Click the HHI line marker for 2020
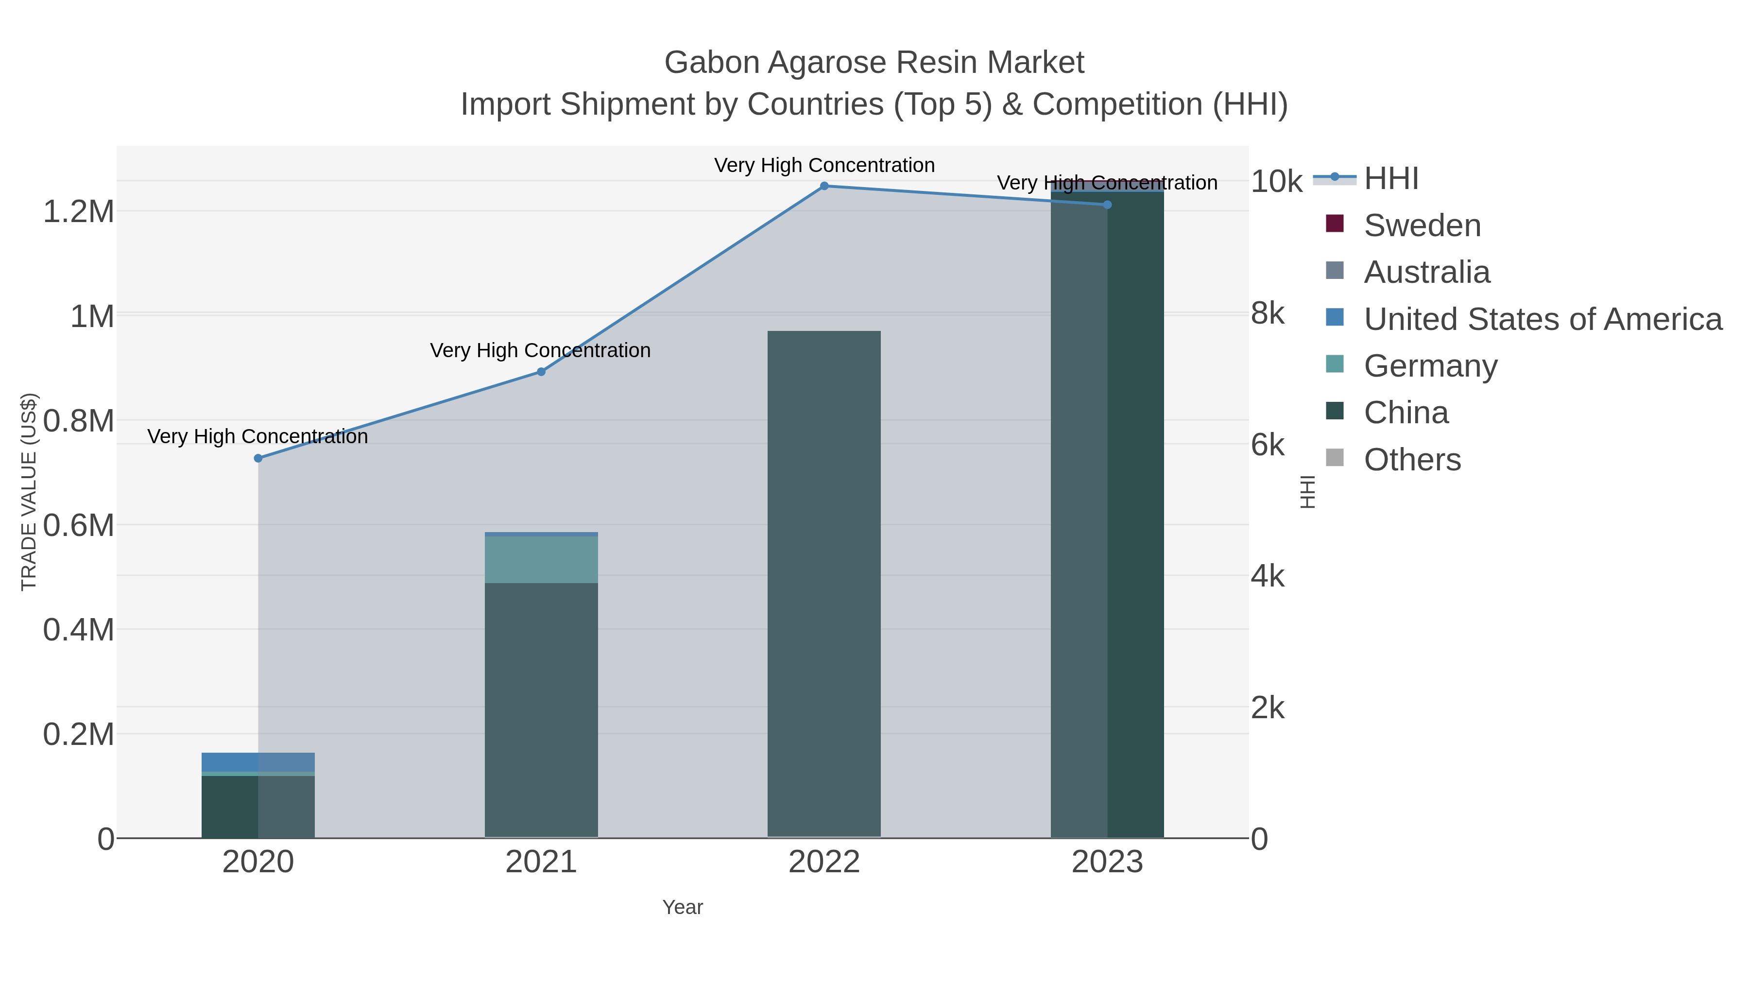click(x=258, y=458)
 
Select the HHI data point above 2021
click(x=541, y=371)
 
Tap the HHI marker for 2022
click(x=824, y=186)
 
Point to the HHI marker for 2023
click(x=1107, y=205)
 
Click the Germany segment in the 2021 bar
click(x=541, y=560)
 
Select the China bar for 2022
click(x=824, y=584)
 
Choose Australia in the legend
click(x=1426, y=272)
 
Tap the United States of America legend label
click(x=1543, y=319)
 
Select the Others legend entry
click(x=1412, y=460)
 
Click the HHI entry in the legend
click(x=1391, y=179)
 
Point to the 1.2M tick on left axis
click(x=79, y=211)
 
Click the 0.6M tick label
click(x=79, y=525)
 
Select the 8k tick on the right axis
click(x=1268, y=314)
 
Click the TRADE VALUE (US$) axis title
click(x=29, y=492)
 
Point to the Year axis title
click(x=683, y=907)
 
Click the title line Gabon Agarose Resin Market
click(x=874, y=63)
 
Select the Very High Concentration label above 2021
click(x=540, y=350)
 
